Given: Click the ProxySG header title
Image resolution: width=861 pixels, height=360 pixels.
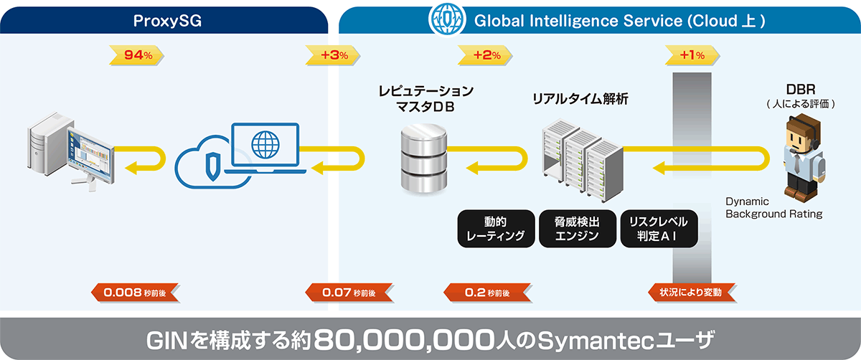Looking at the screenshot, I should click(x=166, y=21).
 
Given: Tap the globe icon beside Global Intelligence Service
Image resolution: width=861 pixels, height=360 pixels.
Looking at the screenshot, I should click(x=445, y=21).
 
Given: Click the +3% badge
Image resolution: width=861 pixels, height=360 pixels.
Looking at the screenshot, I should click(x=334, y=55).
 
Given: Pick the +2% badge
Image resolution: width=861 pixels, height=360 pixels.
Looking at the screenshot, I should click(x=486, y=55).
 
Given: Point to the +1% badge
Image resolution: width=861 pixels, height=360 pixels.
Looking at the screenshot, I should click(x=692, y=55).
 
